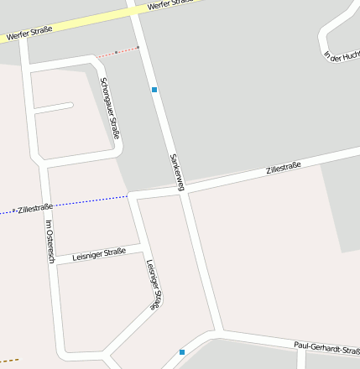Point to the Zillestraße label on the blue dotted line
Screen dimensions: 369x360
pyautogui.click(x=35, y=207)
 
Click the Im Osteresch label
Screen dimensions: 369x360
pyautogui.click(x=50, y=242)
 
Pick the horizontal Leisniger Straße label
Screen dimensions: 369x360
pyautogui.click(x=99, y=252)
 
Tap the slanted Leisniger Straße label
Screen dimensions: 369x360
pyautogui.click(x=153, y=285)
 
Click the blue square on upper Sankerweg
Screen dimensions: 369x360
pyautogui.click(x=154, y=88)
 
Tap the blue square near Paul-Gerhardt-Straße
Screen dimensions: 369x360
pyautogui.click(x=182, y=352)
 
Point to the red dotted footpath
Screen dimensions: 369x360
pyautogui.click(x=117, y=52)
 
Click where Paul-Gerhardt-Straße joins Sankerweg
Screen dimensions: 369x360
pyautogui.click(x=220, y=331)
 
